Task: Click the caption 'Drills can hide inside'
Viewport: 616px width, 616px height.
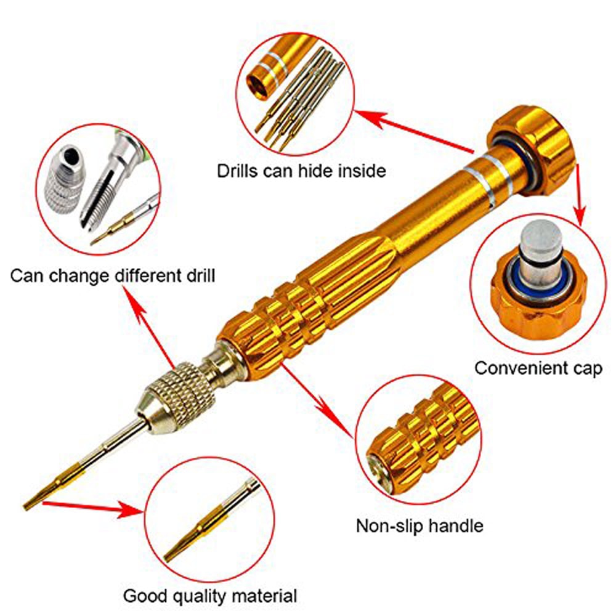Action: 301,171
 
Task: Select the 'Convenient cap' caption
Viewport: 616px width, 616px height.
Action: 538,369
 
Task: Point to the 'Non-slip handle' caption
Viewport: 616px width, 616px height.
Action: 419,525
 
